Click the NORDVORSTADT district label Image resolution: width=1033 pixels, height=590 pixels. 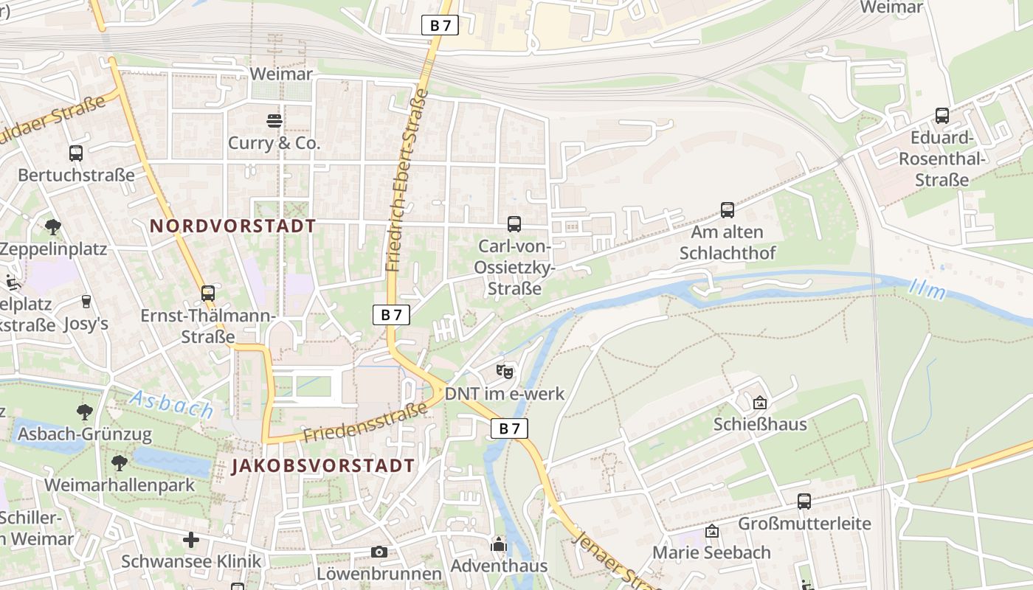tap(233, 226)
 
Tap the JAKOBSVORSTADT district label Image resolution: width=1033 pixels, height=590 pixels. tap(323, 465)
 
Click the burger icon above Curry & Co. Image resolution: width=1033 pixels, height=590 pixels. tap(274, 120)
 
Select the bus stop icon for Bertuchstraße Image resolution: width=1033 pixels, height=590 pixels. tap(76, 153)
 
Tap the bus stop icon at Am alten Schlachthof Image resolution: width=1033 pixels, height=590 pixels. tap(728, 210)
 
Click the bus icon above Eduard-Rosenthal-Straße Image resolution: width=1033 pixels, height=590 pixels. tap(942, 116)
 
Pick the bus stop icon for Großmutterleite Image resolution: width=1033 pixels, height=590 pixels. tap(804, 502)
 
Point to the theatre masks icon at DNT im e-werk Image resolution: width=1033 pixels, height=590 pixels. tap(505, 371)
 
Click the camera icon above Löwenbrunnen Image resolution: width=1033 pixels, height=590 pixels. tap(379, 552)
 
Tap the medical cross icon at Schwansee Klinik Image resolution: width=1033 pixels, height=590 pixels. tap(191, 540)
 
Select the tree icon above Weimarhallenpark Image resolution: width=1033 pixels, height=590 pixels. tap(120, 463)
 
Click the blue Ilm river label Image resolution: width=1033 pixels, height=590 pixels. tap(927, 289)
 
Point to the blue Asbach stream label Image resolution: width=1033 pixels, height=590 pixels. tap(171, 404)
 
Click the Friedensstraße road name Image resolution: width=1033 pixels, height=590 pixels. tap(365, 423)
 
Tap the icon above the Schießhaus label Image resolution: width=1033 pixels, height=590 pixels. tap(760, 403)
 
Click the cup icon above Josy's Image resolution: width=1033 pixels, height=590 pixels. tap(86, 301)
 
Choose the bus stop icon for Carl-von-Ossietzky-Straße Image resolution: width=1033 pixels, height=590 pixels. tap(514, 223)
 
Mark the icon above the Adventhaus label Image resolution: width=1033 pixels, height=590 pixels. tap(499, 545)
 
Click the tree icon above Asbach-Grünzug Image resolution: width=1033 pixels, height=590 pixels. tap(85, 412)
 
